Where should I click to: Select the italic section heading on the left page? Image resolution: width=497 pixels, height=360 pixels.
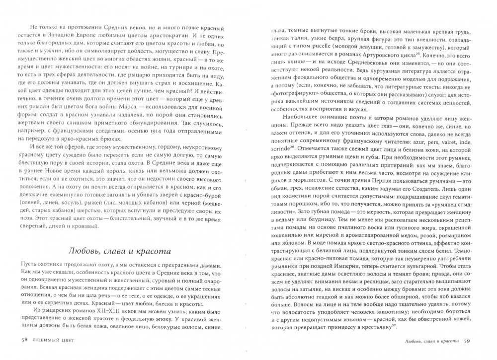pos(118,251)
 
